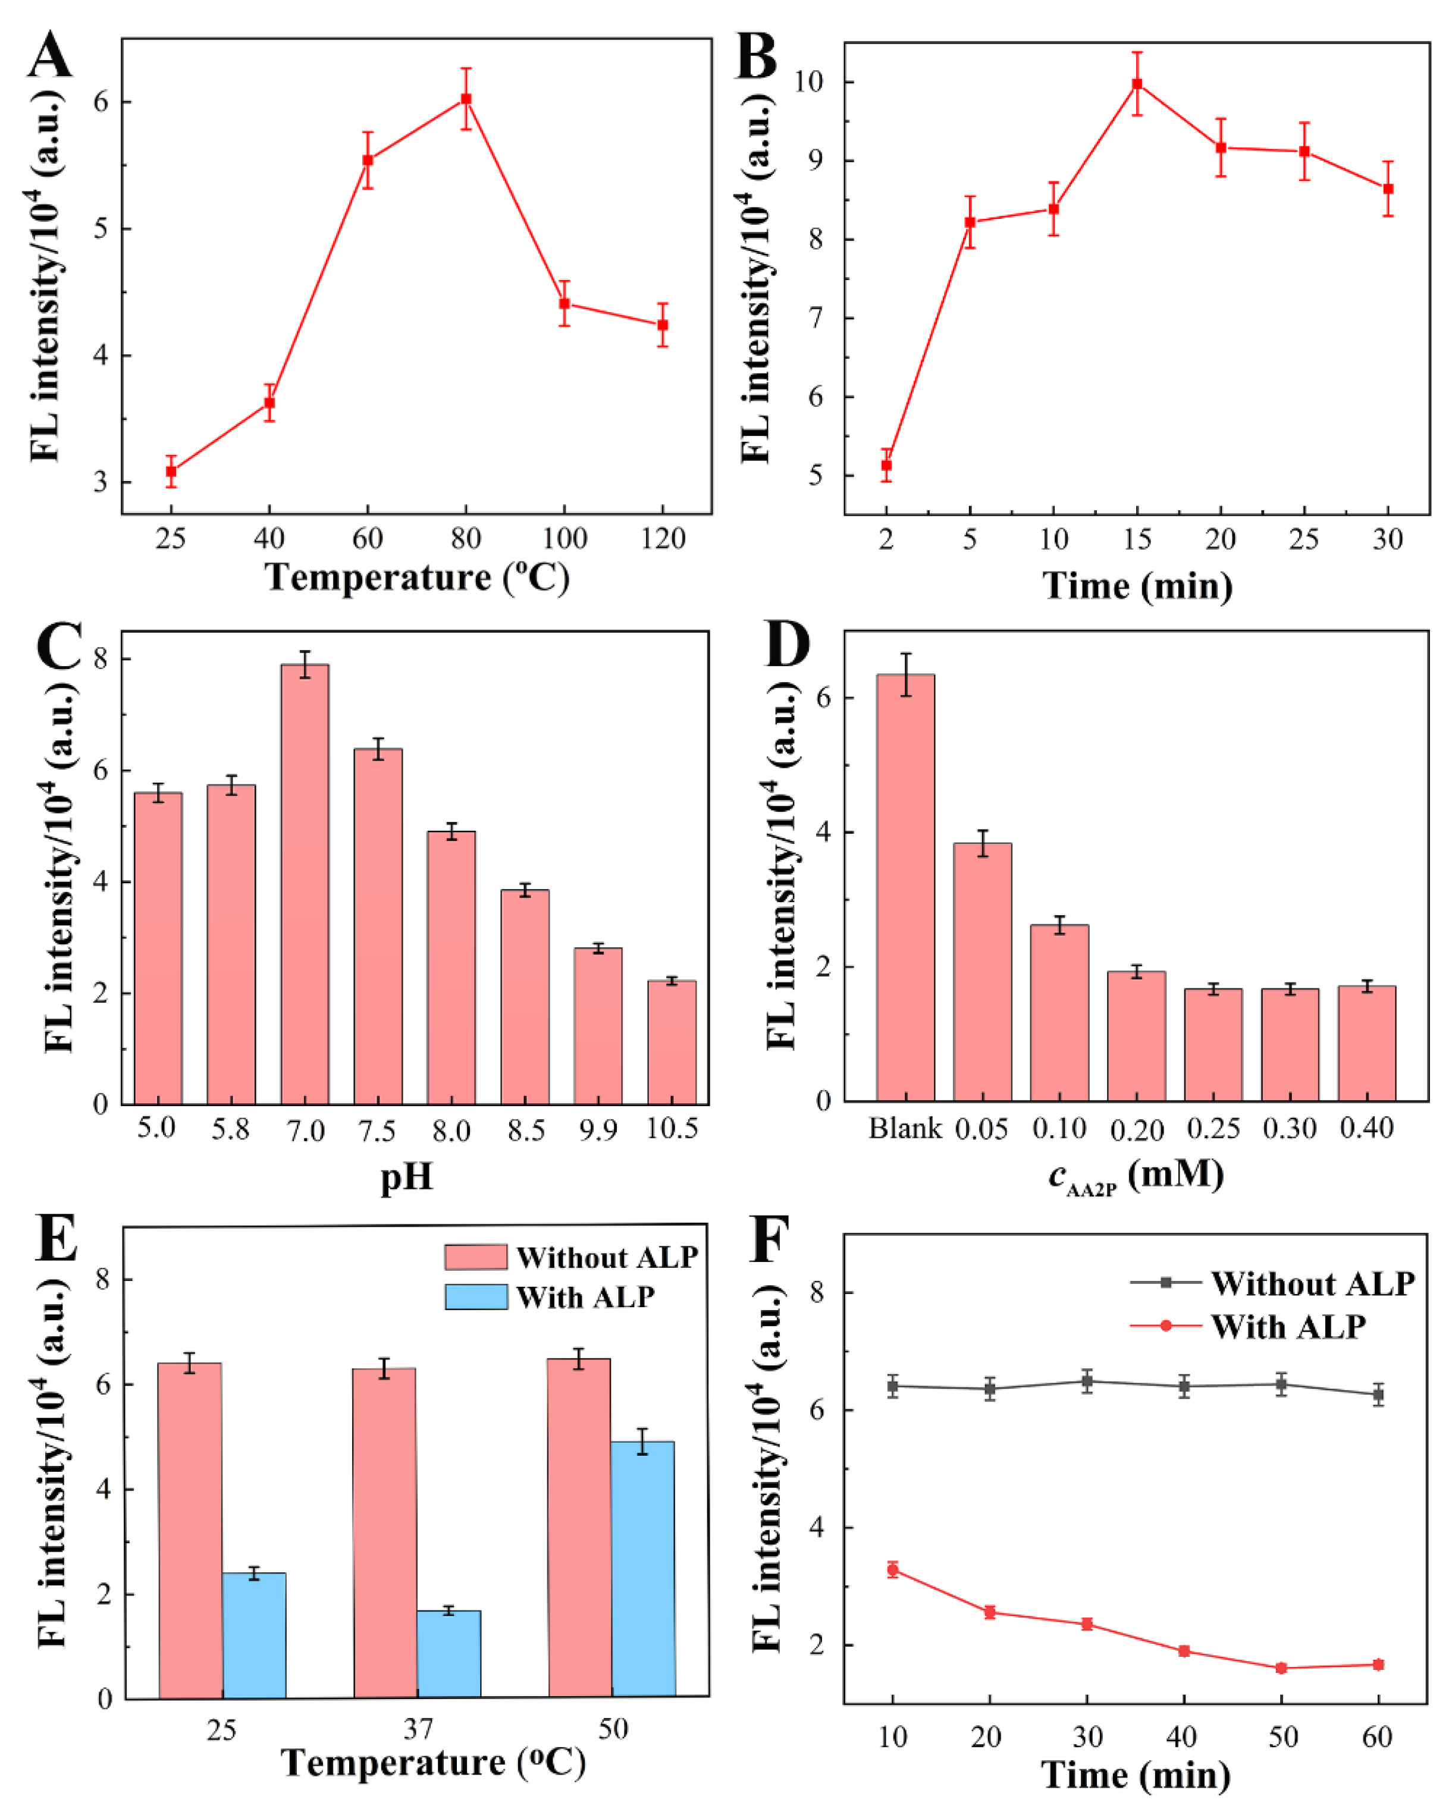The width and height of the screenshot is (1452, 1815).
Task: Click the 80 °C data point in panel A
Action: (466, 99)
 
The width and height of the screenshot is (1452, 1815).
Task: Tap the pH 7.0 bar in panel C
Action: (305, 884)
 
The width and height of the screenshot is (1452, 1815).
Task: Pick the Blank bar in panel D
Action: (905, 888)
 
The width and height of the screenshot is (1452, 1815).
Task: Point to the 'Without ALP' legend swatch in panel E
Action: (476, 1257)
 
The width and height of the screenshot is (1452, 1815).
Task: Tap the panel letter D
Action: (785, 646)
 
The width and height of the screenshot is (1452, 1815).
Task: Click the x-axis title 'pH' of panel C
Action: (407, 1177)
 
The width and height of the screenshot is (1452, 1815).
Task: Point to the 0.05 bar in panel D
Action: (982, 972)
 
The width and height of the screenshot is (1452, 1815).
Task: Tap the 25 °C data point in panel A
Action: (171, 472)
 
